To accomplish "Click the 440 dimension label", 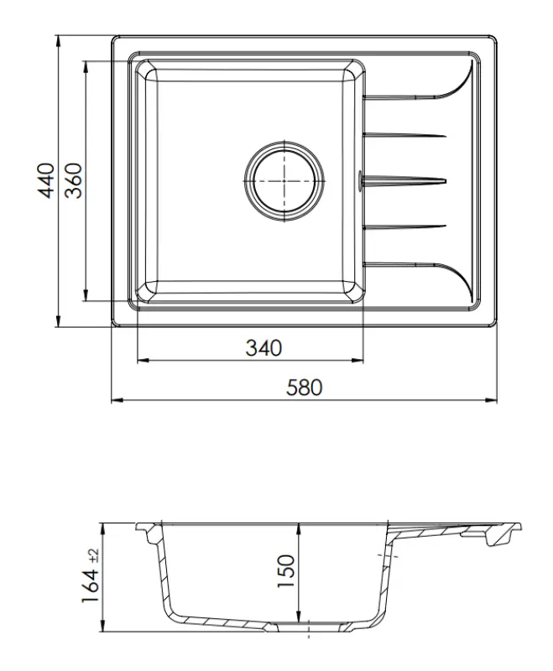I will tap(48, 180).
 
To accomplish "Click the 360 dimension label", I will tap(75, 180).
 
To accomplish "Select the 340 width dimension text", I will tap(263, 347).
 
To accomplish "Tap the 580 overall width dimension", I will tap(305, 388).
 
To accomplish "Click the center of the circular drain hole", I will tap(284, 179).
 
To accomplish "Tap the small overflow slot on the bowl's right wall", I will tap(361, 179).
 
